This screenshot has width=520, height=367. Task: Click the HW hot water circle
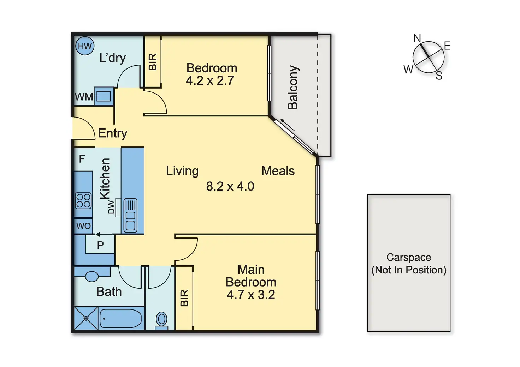[x=85, y=46]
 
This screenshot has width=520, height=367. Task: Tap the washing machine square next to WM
[x=104, y=96]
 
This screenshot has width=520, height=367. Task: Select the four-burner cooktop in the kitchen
[x=83, y=201]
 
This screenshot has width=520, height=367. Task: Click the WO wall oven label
[x=83, y=226]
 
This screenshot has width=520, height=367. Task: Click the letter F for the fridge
[x=82, y=159]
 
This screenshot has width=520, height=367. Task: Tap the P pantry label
[x=100, y=245]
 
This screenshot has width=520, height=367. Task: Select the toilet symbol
[x=162, y=320]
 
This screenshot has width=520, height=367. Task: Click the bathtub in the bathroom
[x=120, y=319]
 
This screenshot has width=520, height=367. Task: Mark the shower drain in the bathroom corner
[x=86, y=318]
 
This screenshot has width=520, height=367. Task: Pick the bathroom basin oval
[x=92, y=276]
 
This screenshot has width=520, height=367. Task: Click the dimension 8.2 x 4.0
[x=230, y=186]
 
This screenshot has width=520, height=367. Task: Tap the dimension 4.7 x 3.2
[x=251, y=295]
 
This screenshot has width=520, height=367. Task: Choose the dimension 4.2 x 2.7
[x=210, y=80]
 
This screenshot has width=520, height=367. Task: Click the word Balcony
[x=293, y=87]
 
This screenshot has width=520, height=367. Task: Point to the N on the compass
[x=417, y=38]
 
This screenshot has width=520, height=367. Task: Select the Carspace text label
[x=409, y=257]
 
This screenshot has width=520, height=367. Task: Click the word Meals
[x=278, y=171]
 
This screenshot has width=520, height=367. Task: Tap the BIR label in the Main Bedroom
[x=184, y=298]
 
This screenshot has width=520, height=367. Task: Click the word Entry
[x=113, y=133]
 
